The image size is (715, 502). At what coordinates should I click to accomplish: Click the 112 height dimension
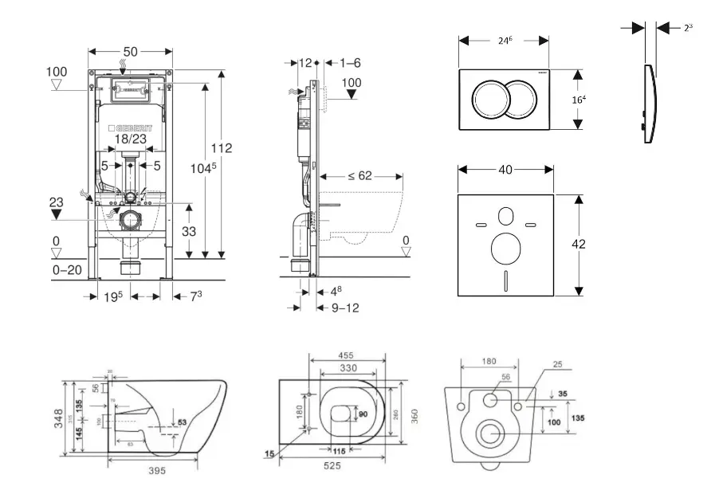222,147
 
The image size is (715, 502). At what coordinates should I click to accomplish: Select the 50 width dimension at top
131,52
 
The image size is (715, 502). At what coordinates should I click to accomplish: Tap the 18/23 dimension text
130,139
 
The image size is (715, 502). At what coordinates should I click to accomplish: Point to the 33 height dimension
190,230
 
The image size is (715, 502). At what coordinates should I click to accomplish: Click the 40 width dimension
504,169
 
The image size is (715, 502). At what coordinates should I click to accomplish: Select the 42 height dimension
579,244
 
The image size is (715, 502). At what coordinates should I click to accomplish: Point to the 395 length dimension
157,471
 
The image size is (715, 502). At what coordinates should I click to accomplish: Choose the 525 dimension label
333,466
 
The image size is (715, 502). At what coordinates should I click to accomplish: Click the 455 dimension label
345,355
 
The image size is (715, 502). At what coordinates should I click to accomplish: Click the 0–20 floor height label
67,270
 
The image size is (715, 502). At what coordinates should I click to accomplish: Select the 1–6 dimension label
351,62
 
